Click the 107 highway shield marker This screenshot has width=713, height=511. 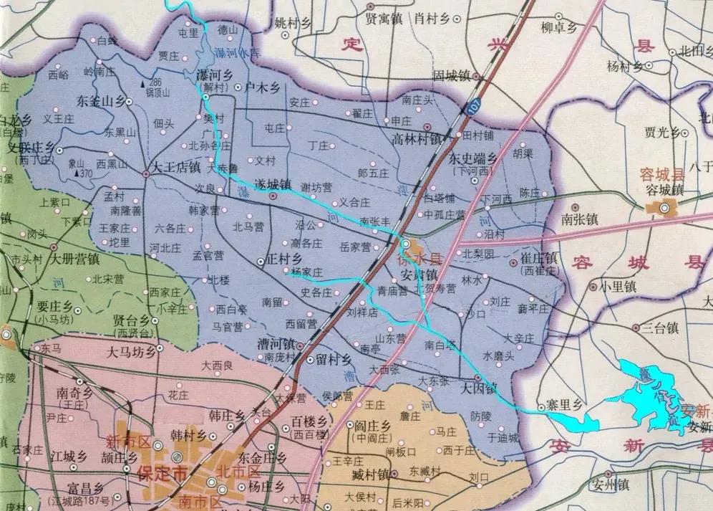[477, 105]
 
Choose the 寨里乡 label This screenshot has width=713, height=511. [563, 405]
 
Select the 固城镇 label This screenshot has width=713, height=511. [450, 75]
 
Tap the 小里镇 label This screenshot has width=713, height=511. [617, 285]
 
